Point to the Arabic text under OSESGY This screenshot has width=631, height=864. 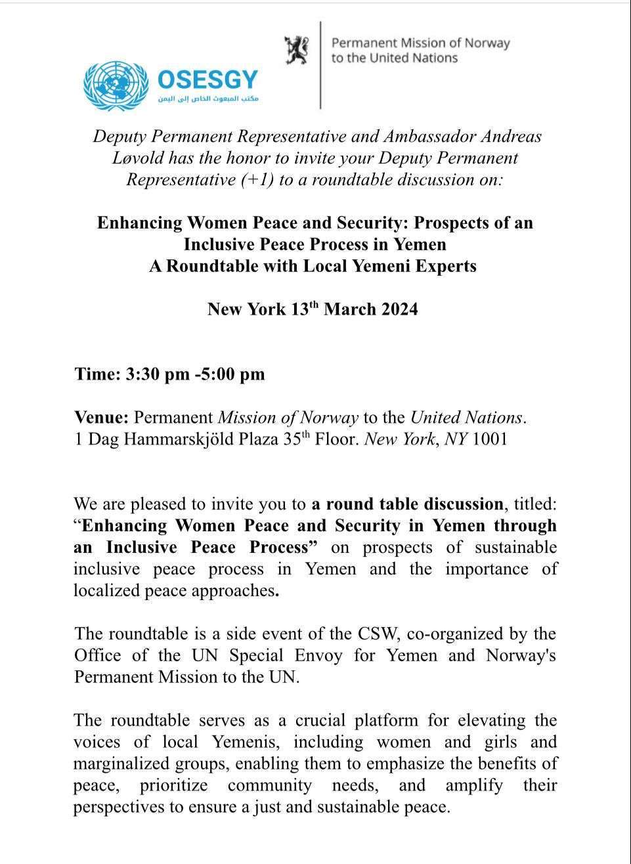pos(208,98)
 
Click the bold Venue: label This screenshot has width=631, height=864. pos(102,418)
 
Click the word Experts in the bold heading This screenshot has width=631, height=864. pos(443,266)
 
